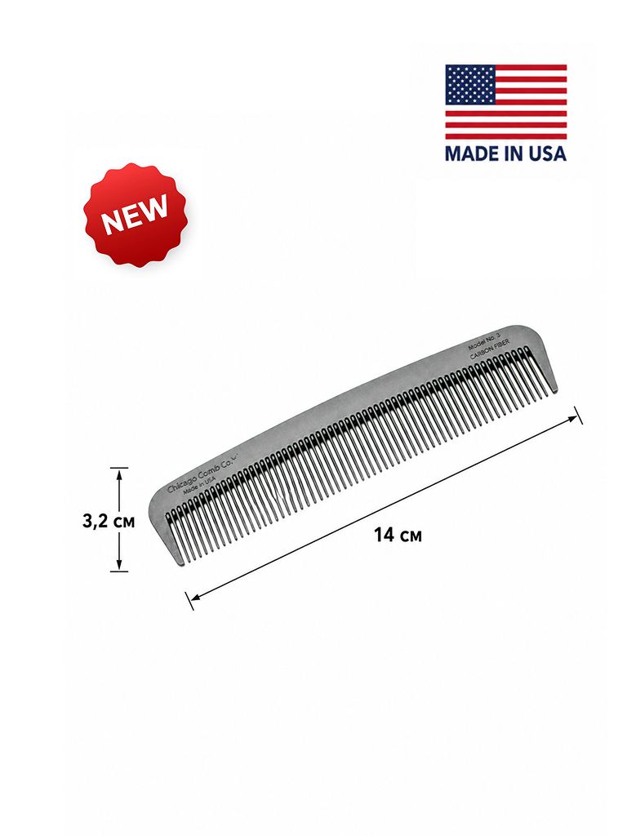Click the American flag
point(506,102)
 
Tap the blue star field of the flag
point(470,85)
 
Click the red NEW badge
point(136,215)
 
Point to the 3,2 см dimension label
point(109,521)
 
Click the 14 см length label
point(398,534)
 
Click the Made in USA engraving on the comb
point(200,485)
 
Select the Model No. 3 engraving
point(483,341)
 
